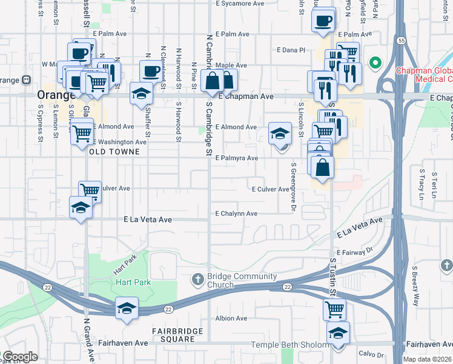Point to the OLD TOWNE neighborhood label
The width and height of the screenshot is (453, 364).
[118, 152]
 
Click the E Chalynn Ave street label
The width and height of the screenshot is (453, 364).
[236, 214]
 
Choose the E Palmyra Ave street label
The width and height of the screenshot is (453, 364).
[237, 158]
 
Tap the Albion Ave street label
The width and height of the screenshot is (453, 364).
[232, 318]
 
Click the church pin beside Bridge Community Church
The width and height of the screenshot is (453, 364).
[197, 280]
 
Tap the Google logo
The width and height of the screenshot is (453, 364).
[19, 357]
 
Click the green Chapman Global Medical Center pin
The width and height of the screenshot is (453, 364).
[375, 62]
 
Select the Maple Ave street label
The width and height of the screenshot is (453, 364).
[231, 65]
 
